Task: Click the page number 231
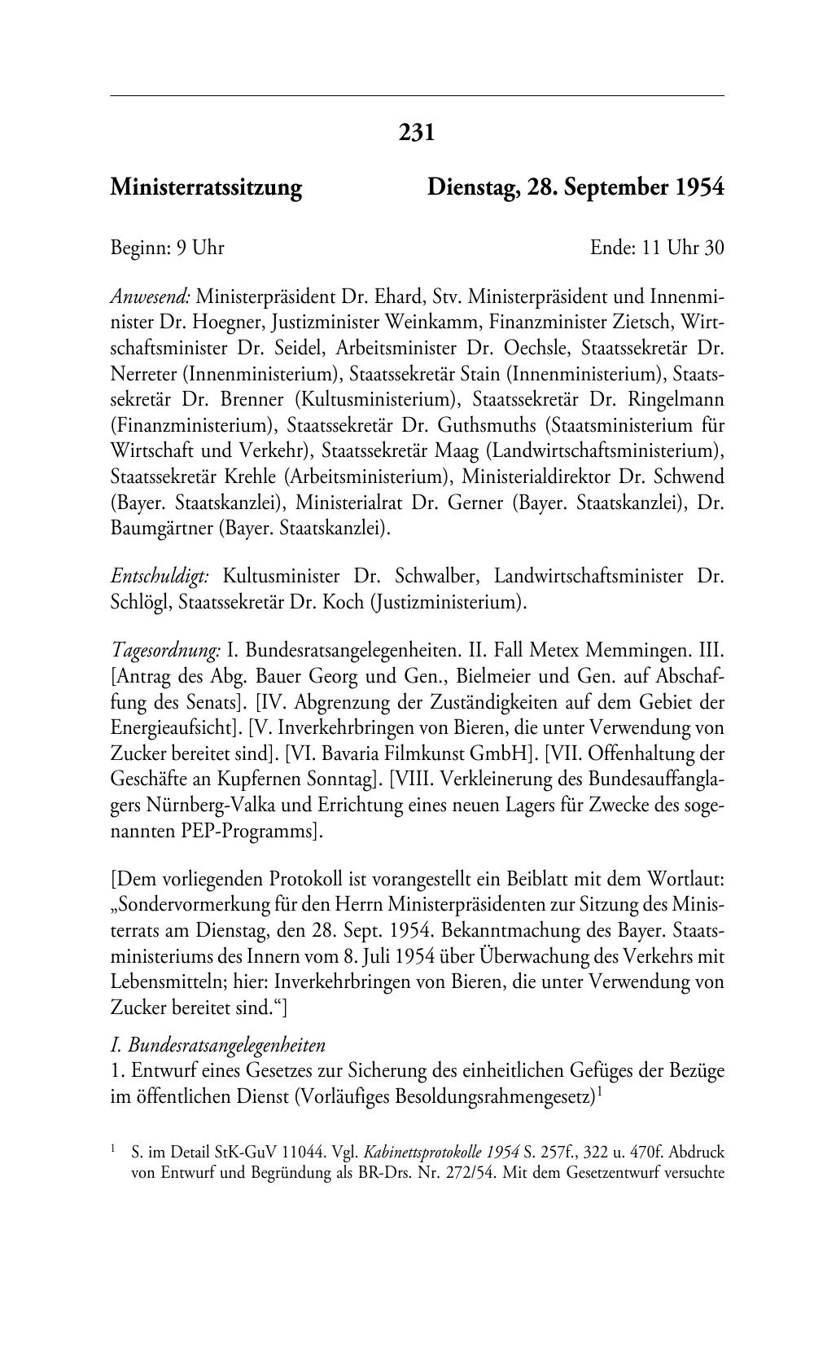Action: click(x=417, y=132)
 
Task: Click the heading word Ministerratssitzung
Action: click(x=206, y=188)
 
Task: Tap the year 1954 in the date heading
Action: click(x=698, y=188)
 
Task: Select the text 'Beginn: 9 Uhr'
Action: click(x=167, y=248)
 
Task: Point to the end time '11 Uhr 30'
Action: click(x=682, y=248)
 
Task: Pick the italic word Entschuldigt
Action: click(x=160, y=577)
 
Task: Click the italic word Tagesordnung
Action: click(x=165, y=651)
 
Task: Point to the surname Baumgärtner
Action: click(x=161, y=529)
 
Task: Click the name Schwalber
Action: click(x=433, y=577)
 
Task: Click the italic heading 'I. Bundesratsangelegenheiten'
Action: click(x=218, y=1045)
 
